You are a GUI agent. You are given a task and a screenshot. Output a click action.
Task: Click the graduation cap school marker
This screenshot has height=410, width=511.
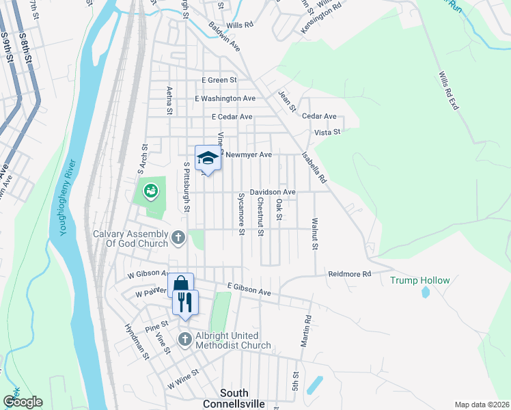pyautogui.click(x=208, y=159)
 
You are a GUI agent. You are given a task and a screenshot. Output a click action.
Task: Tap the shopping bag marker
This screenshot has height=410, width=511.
pyautogui.click(x=180, y=285)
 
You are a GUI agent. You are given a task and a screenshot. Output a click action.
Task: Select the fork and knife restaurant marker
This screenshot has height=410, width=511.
pyautogui.click(x=185, y=302)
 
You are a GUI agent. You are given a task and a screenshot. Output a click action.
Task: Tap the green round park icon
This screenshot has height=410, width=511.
pyautogui.click(x=150, y=191)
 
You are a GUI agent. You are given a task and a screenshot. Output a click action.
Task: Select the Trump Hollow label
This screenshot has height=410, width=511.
pyautogui.click(x=420, y=280)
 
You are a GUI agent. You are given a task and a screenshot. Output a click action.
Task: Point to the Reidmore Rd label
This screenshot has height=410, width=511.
pyautogui.click(x=349, y=273)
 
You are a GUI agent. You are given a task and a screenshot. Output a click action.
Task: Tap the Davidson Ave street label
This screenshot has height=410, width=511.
pyautogui.click(x=273, y=193)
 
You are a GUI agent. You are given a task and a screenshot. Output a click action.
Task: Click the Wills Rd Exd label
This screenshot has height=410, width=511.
pyautogui.click(x=448, y=92)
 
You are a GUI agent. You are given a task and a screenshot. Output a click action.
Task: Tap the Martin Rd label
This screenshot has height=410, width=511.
pyautogui.click(x=308, y=328)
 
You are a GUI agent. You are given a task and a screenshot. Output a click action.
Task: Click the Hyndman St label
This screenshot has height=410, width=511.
pyautogui.click(x=137, y=340)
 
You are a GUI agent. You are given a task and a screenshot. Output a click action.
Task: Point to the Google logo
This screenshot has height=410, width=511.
pyautogui.click(x=23, y=402)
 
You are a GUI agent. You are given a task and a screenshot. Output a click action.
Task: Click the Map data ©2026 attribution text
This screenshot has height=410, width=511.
pyautogui.click(x=481, y=405)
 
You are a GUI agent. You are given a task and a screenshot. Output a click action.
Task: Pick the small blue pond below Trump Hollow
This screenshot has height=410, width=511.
pyautogui.click(x=425, y=292)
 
